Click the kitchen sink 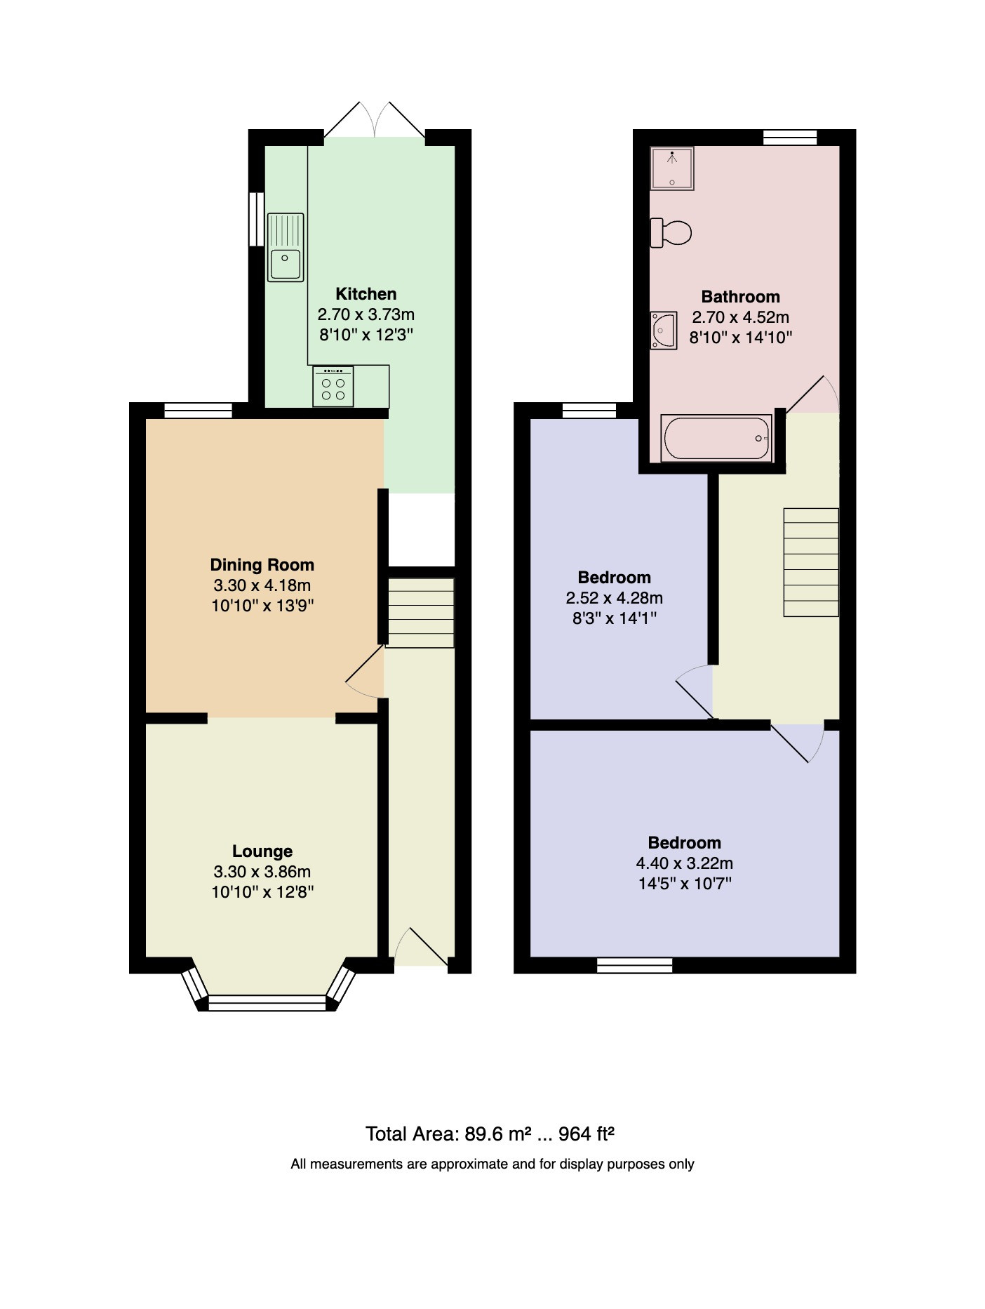click(286, 247)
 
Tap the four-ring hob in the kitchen click(333, 387)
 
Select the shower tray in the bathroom click(672, 168)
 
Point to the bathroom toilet click(671, 232)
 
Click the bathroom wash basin click(663, 331)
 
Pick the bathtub click(716, 438)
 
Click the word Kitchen click(366, 294)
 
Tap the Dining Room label click(262, 565)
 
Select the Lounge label click(262, 851)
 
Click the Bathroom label click(740, 297)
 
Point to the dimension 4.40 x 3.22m click(684, 863)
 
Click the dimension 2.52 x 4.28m click(614, 598)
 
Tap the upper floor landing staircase click(811, 562)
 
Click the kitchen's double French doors click(375, 120)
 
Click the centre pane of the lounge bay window click(267, 1002)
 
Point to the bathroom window click(790, 138)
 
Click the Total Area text click(490, 1134)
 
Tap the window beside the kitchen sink click(257, 219)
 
